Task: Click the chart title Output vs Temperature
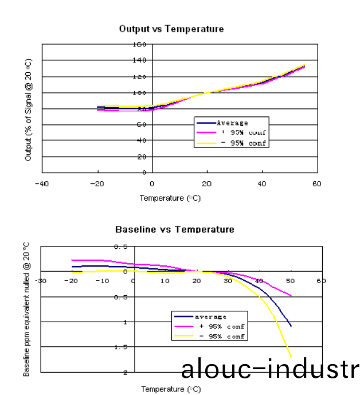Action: [x=171, y=29]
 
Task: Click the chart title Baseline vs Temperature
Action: [x=175, y=229]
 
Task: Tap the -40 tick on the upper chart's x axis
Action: [x=41, y=183]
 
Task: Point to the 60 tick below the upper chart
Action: [x=316, y=183]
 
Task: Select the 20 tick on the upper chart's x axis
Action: [x=207, y=183]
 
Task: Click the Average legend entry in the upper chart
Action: [x=232, y=123]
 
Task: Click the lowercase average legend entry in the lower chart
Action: [x=211, y=316]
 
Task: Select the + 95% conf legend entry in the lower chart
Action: [x=221, y=326]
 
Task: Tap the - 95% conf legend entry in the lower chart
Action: [x=221, y=336]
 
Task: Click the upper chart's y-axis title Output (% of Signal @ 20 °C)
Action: [x=29, y=108]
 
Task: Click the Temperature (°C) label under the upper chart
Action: [x=170, y=198]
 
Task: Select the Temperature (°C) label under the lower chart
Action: [x=171, y=389]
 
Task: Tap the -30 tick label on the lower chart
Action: [x=40, y=281]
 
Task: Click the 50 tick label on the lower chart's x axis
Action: [x=290, y=281]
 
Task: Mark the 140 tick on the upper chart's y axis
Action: [x=139, y=60]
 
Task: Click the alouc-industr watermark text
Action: [x=269, y=370]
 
